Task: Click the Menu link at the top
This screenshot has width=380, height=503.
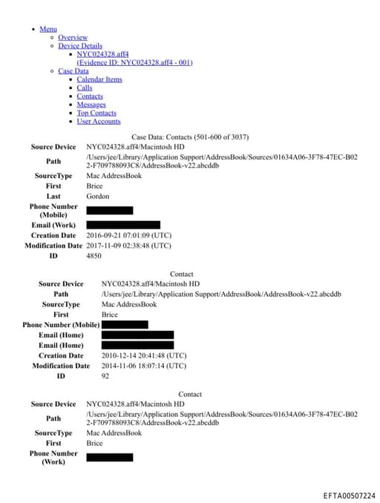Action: (x=47, y=29)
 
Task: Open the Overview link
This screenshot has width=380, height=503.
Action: (x=73, y=37)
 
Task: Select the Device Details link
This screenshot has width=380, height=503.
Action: (x=80, y=46)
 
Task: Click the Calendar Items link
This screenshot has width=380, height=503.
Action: (x=99, y=79)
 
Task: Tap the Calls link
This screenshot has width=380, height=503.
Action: (x=85, y=88)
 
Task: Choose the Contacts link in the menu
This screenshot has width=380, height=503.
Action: (x=89, y=96)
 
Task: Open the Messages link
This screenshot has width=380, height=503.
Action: (x=91, y=105)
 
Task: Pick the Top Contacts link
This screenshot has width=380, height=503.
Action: (x=96, y=113)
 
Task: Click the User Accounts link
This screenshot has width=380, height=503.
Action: (x=98, y=122)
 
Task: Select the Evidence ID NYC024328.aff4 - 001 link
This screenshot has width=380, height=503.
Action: (x=134, y=62)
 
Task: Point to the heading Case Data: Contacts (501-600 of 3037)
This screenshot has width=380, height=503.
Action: (x=190, y=137)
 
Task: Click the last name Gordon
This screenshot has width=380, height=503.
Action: (x=97, y=197)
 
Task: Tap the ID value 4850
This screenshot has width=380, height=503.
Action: (x=94, y=255)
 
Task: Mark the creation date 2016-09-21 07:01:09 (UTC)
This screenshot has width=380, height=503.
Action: (x=128, y=235)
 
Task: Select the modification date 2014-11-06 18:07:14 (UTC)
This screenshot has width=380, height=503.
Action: (x=144, y=366)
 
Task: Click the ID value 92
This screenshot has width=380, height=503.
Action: (x=105, y=376)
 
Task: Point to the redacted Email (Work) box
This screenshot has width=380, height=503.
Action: (x=123, y=225)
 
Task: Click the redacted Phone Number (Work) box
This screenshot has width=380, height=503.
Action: (x=109, y=457)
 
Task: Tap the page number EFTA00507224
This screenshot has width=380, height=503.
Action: (x=349, y=496)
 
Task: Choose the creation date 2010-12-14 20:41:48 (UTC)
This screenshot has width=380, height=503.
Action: (x=144, y=356)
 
